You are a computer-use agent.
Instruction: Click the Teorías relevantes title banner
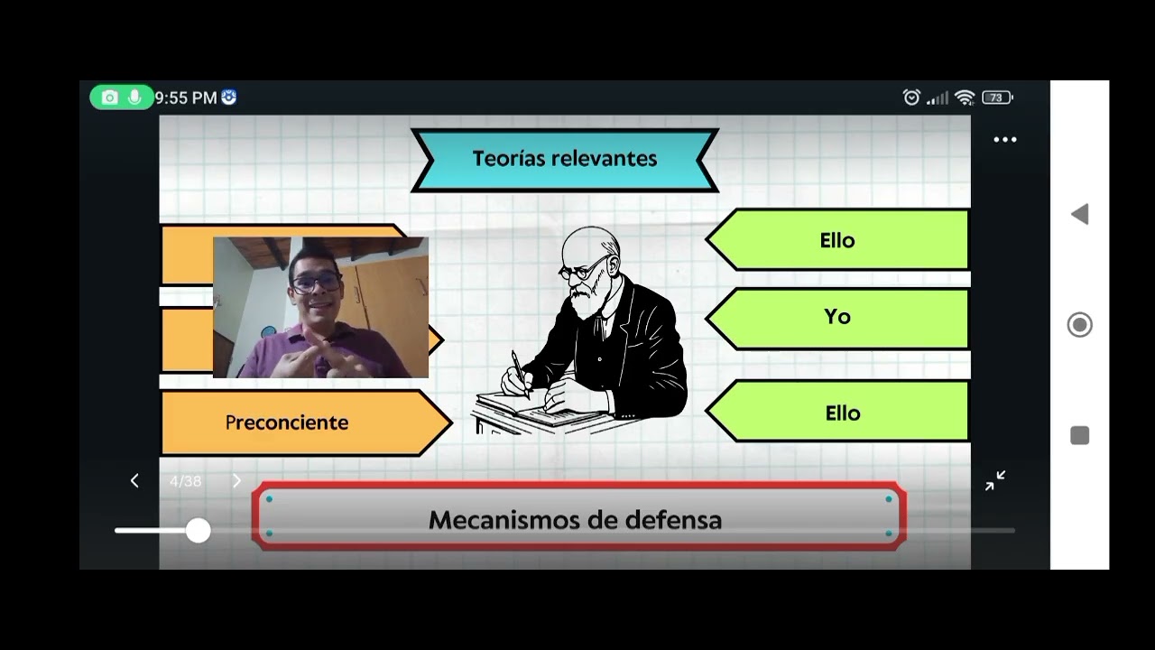565,159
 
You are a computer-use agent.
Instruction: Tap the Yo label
836,317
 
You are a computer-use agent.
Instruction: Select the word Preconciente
286,422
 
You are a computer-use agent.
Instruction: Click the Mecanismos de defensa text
575,520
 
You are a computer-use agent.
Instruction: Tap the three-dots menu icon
1004,140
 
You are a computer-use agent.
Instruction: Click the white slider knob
198,530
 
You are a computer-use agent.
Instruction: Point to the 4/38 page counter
186,481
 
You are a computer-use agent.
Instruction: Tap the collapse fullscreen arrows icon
995,481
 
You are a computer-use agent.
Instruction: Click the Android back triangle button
1079,214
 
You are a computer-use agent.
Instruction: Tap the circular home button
1079,325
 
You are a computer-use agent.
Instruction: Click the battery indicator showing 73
996,97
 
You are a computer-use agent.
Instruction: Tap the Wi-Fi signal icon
965,97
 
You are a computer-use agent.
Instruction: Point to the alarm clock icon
911,97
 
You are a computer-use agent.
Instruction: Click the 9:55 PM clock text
186,97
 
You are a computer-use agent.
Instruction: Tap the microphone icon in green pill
134,97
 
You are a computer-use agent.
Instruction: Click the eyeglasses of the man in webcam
317,283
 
